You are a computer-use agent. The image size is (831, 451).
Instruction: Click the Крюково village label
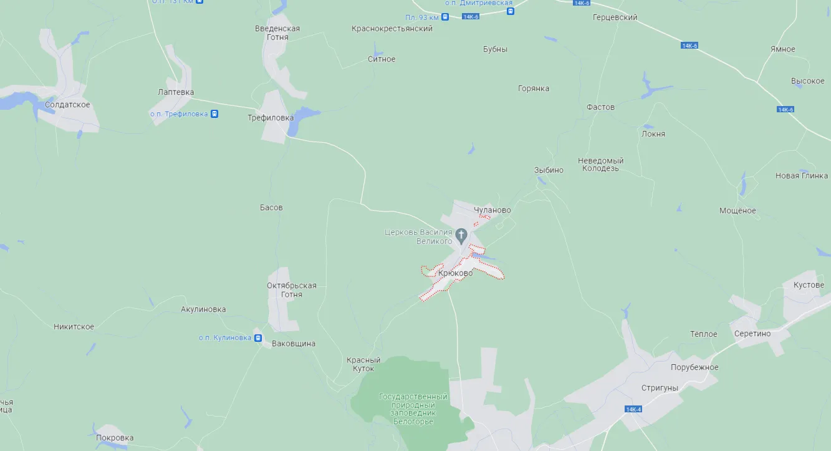point(455,273)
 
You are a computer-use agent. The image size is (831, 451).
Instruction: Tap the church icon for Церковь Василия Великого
point(461,236)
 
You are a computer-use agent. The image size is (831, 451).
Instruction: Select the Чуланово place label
point(492,210)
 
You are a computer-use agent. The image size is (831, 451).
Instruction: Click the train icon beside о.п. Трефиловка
point(214,114)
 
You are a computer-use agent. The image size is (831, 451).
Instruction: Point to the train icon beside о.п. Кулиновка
point(257,337)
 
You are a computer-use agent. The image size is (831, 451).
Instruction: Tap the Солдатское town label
point(67,105)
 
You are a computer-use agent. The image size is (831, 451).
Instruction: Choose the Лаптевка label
point(176,92)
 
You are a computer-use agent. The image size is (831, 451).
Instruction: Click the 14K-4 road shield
point(633,409)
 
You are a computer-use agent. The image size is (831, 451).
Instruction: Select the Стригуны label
point(660,388)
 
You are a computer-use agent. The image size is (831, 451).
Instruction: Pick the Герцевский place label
point(615,17)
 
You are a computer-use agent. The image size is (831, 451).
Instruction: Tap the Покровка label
point(115,438)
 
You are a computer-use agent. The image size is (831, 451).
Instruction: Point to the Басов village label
point(271,207)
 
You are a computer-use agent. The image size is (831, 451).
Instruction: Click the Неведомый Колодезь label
point(601,165)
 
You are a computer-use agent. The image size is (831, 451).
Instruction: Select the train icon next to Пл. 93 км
point(444,17)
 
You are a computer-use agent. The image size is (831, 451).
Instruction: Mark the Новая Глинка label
point(801,176)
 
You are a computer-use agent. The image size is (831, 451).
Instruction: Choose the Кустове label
point(809,285)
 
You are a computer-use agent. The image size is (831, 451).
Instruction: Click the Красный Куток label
point(363,364)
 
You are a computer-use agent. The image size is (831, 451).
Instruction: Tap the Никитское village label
point(74,327)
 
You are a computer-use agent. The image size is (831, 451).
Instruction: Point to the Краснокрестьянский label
point(391,29)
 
